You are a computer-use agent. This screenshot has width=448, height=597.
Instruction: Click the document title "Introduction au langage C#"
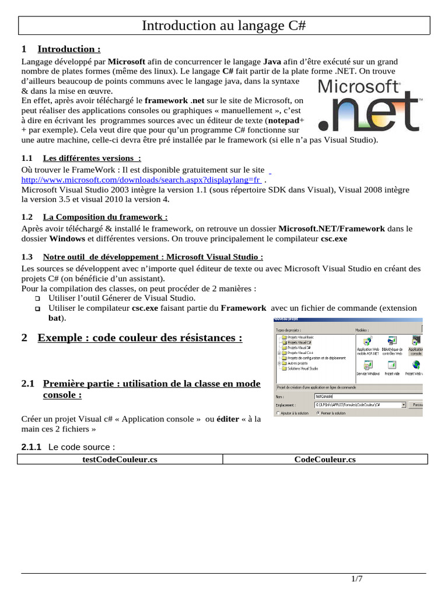pyautogui.click(x=224, y=26)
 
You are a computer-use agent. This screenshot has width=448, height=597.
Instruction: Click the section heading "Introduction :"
pyautogui.click(x=69, y=49)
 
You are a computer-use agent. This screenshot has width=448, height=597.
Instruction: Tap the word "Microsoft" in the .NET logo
pyautogui.click(x=358, y=87)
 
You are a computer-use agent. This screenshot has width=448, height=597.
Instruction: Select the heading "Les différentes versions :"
pyautogui.click(x=92, y=158)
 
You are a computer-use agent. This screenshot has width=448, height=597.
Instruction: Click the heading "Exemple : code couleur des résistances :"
pyautogui.click(x=140, y=338)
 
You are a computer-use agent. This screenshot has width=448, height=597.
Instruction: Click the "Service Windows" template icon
pyautogui.click(x=368, y=366)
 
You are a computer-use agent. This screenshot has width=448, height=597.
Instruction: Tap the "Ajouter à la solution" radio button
pyautogui.click(x=278, y=413)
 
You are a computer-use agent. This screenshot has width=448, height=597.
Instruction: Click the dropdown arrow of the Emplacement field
pyautogui.click(x=403, y=404)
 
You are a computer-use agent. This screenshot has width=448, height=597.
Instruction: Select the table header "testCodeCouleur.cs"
pyautogui.click(x=120, y=459)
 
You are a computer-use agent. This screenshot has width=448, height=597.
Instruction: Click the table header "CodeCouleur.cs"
pyautogui.click(x=325, y=459)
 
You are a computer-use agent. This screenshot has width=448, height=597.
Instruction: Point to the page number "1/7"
pyautogui.click(x=356, y=578)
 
